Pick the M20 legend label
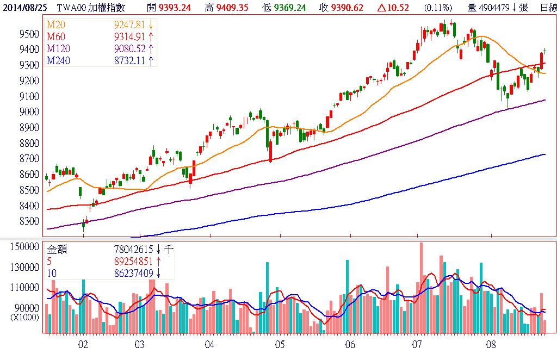(x=56, y=24)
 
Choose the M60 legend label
(x=56, y=36)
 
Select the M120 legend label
(x=59, y=48)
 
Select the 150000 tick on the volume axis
(x=25, y=247)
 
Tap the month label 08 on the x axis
(x=491, y=344)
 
